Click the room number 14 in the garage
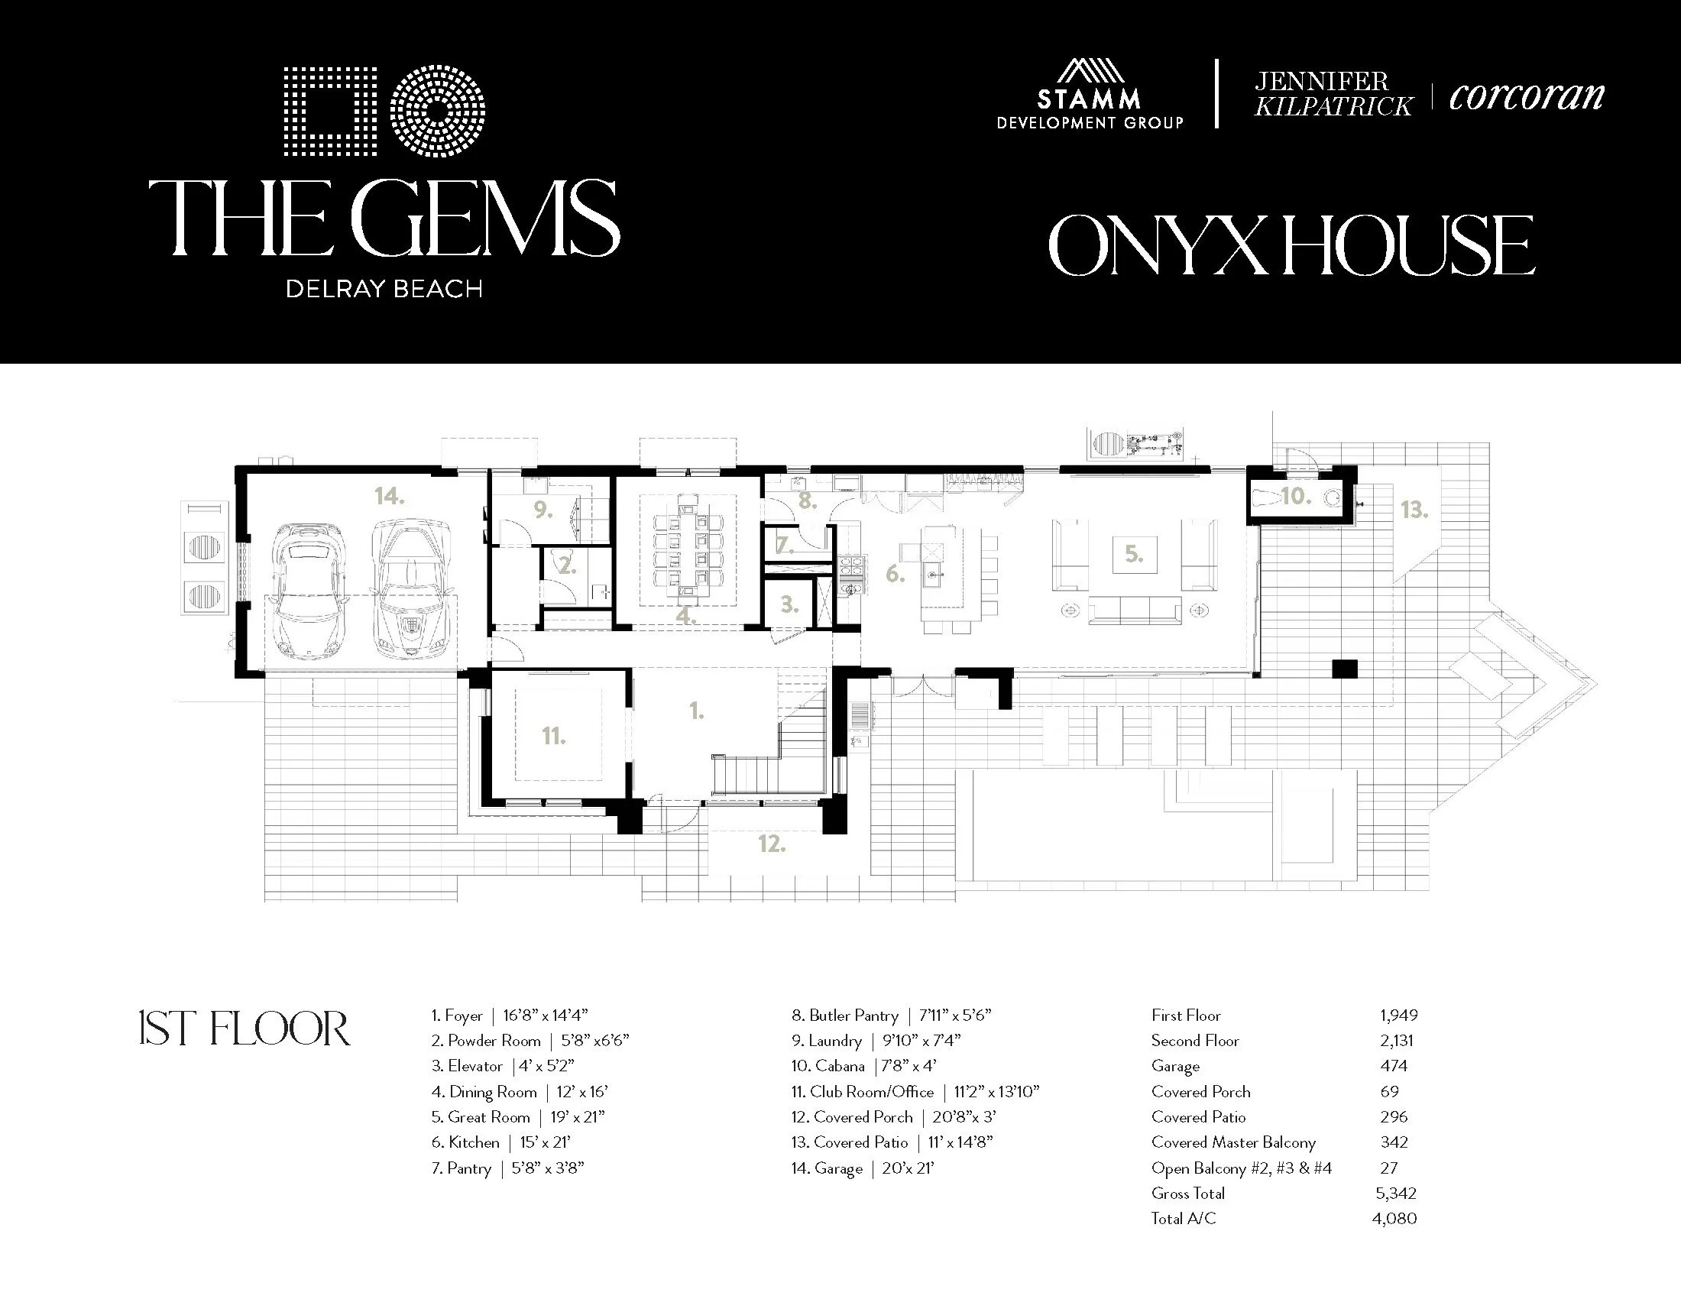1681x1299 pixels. pos(390,497)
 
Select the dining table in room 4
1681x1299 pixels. pos(688,550)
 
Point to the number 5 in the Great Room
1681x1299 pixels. pos(1134,553)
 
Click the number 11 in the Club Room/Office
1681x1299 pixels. pos(554,737)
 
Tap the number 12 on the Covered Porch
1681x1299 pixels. pos(772,844)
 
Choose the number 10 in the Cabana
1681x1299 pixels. pos(1295,497)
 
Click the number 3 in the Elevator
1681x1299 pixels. pos(789,605)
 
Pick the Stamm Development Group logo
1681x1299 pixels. pos(1090,94)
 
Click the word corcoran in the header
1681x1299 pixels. pos(1527,96)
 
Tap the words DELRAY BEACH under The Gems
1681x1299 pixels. pos(384,290)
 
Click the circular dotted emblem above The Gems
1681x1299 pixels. pos(437,112)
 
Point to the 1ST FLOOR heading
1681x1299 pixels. pos(245,1030)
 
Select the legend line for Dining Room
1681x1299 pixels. pos(520,1092)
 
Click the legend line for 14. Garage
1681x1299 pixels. pos(862,1168)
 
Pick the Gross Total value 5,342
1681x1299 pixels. pos(1396,1194)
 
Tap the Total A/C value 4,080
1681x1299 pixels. pos(1394,1219)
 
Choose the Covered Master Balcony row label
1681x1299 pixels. pos(1234,1143)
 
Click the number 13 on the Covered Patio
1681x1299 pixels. pos(1414,510)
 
